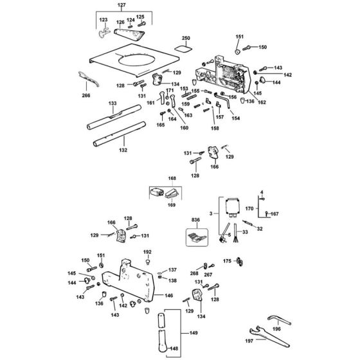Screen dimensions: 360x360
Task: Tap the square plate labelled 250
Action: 184,48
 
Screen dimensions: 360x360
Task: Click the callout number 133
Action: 113,104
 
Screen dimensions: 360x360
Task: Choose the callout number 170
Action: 250,208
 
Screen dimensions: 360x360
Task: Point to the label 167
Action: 274,213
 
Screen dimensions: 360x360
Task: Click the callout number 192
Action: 147,252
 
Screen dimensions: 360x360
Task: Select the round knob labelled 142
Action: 264,78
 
